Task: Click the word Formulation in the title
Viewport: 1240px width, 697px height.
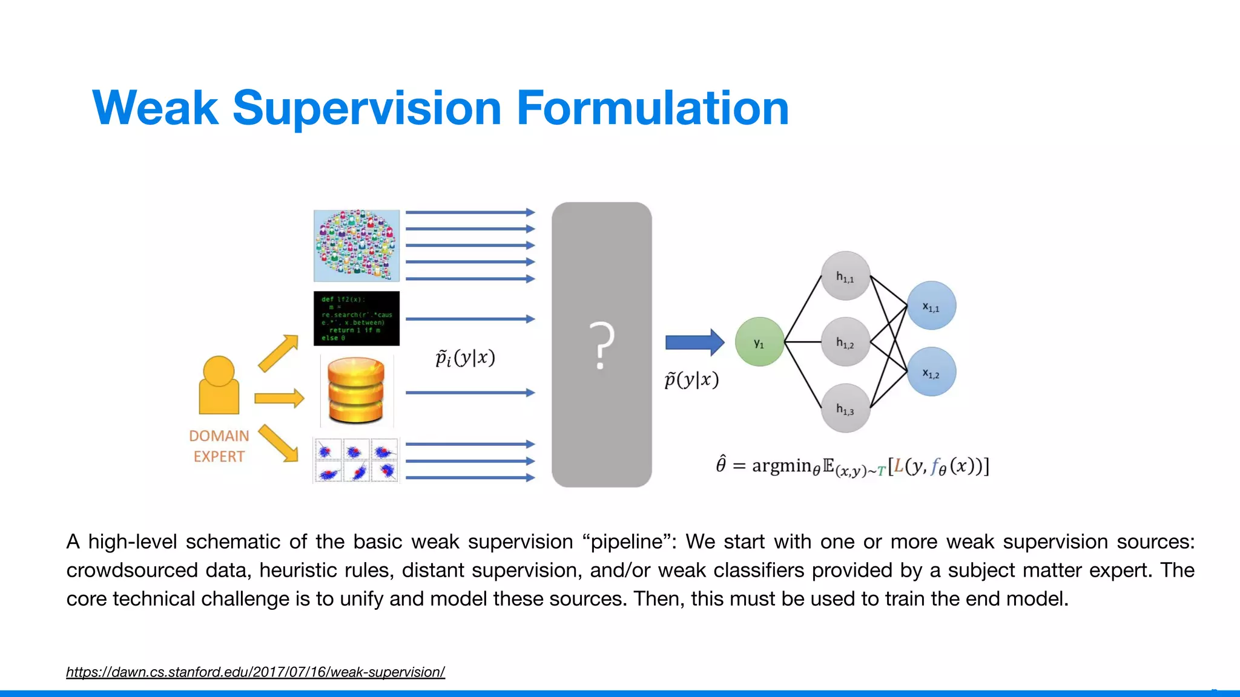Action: [x=652, y=108]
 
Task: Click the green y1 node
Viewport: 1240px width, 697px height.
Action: [x=759, y=342]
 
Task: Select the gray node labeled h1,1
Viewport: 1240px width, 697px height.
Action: [x=845, y=276]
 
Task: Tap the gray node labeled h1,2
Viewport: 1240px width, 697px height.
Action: [x=845, y=342]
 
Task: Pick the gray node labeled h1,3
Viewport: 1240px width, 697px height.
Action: [x=845, y=408]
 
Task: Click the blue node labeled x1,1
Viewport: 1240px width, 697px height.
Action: [x=931, y=306]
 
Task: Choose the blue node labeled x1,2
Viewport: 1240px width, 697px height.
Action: [x=931, y=371]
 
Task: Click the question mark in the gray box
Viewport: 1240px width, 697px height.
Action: [x=601, y=345]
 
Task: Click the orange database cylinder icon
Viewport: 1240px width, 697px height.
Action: [x=356, y=390]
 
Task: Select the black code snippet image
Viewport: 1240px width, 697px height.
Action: [x=356, y=318]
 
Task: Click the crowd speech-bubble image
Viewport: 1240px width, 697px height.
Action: [x=356, y=245]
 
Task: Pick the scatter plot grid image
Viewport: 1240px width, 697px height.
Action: [x=356, y=460]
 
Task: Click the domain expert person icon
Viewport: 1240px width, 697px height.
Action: [x=219, y=385]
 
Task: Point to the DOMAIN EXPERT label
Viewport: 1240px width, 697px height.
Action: [x=219, y=446]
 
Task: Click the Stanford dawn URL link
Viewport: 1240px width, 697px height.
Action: [x=255, y=672]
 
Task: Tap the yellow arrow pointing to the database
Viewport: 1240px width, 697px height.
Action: [x=279, y=398]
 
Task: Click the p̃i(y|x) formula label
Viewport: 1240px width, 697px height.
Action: [x=465, y=358]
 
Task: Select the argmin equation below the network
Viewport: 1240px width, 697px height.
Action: [x=852, y=466]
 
